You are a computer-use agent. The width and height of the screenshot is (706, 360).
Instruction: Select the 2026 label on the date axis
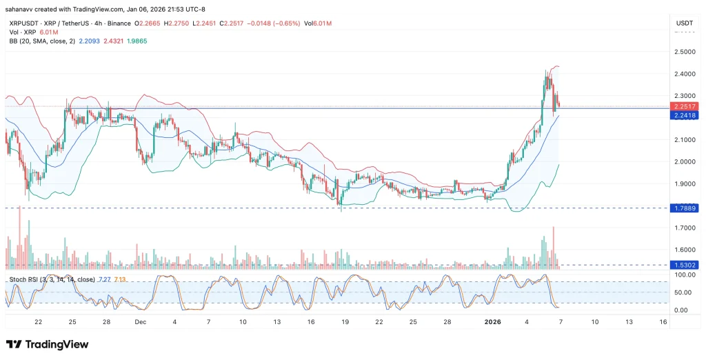[492, 321]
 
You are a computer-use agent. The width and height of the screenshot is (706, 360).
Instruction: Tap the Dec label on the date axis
[141, 321]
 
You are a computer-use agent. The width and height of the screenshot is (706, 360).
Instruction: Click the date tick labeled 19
[345, 321]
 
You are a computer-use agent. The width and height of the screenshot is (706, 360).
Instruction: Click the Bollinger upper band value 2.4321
[114, 41]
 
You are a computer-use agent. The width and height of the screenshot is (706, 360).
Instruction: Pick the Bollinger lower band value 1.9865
[135, 41]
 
